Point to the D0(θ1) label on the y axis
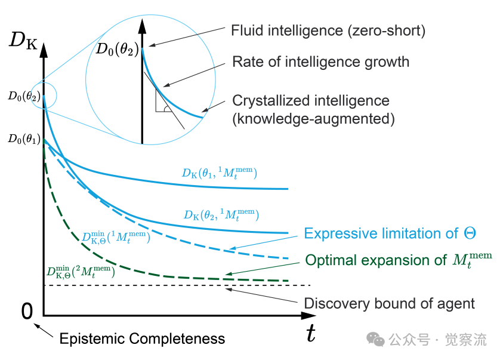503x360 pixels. [x=23, y=139]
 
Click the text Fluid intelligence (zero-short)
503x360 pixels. [x=328, y=30]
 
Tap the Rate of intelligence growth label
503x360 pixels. [x=320, y=62]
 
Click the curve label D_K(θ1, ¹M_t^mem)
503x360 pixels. [x=220, y=173]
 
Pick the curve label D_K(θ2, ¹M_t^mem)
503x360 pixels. [x=221, y=214]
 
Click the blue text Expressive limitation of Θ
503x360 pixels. [x=390, y=233]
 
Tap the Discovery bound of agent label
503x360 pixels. [x=390, y=303]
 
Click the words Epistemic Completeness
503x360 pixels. [x=142, y=339]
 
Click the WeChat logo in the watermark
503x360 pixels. [x=376, y=339]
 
